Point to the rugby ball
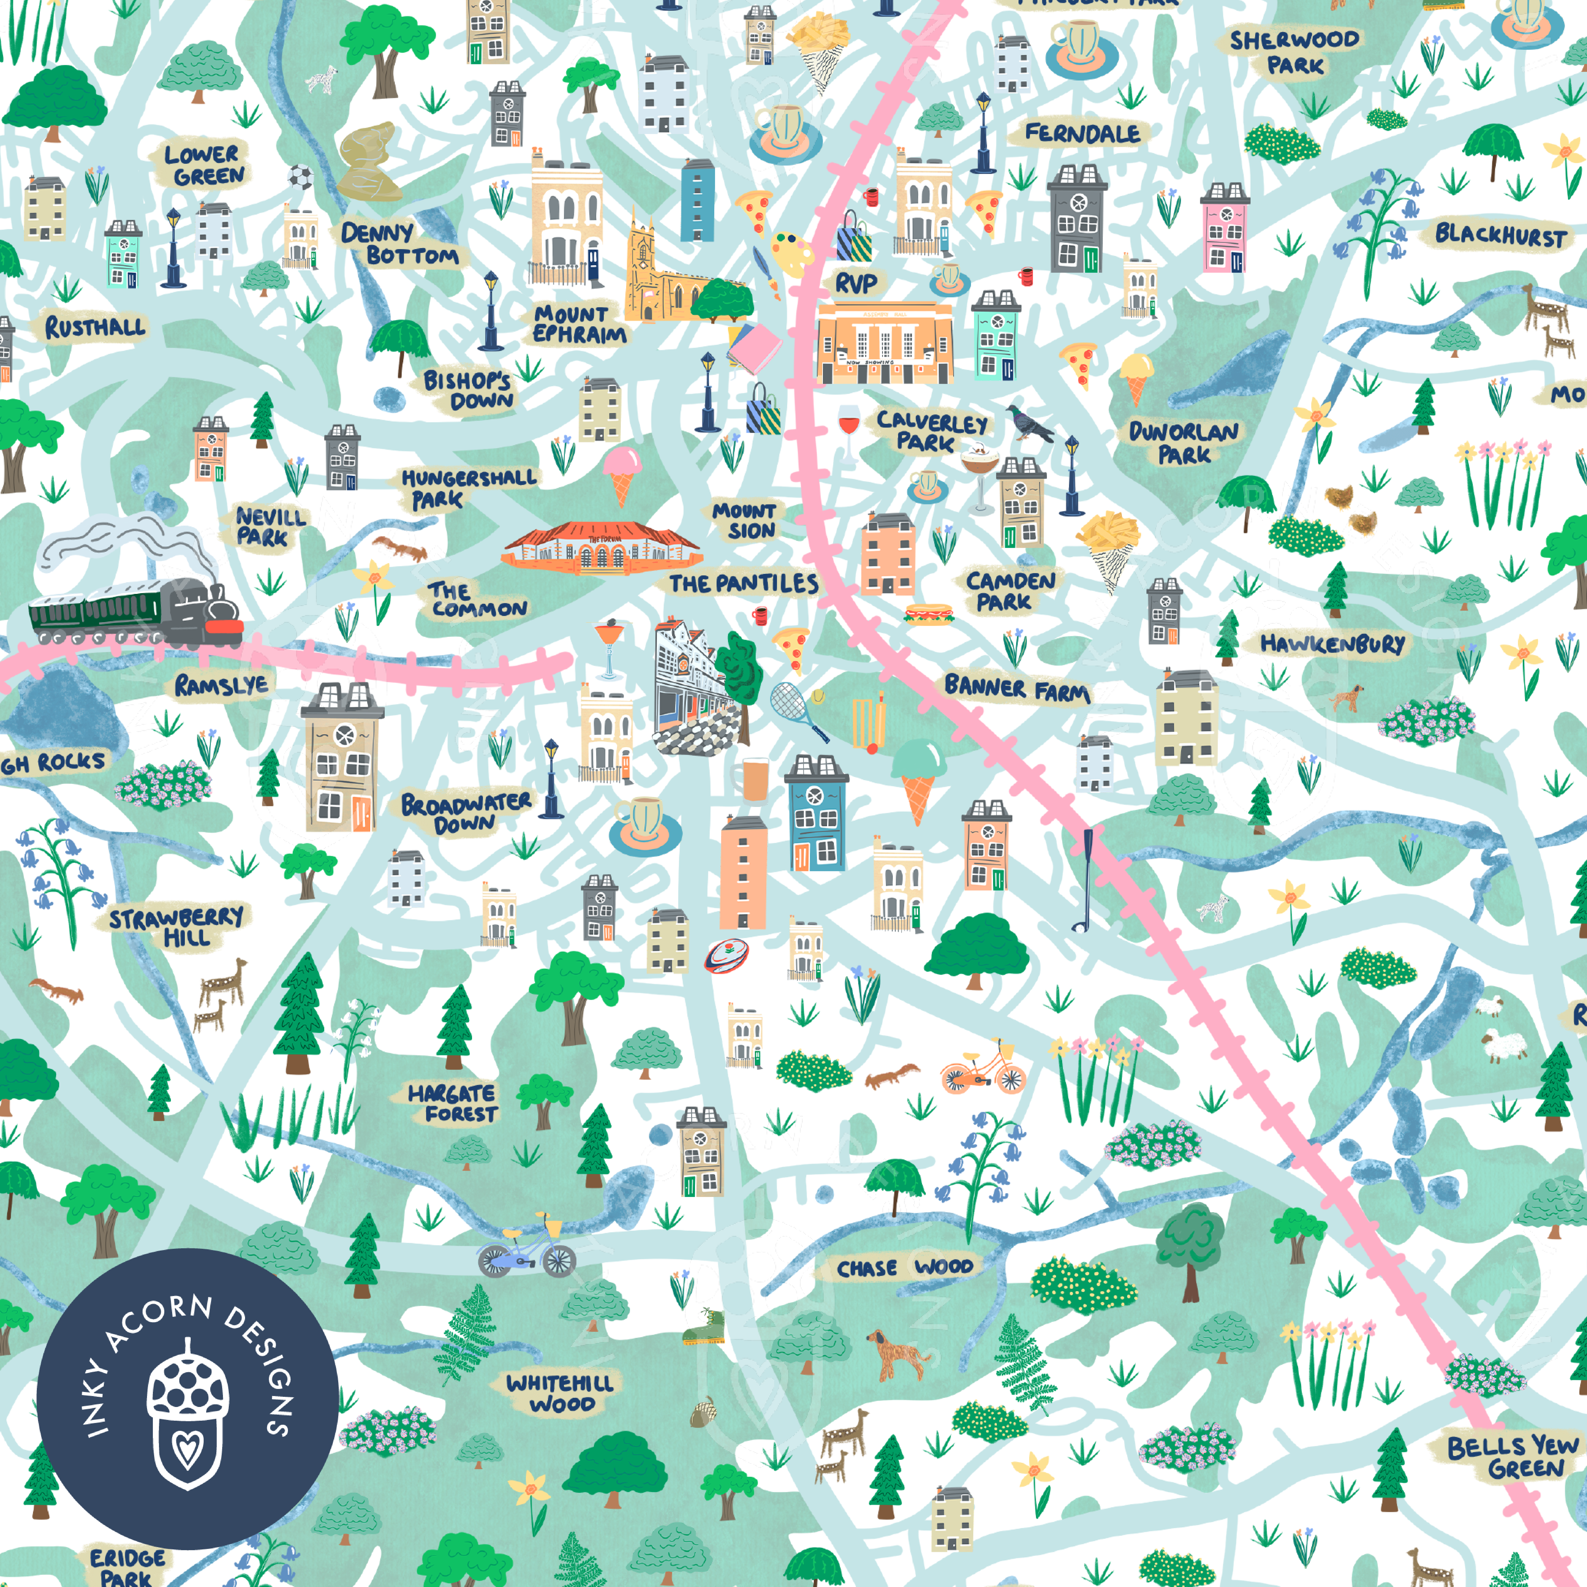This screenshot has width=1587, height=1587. pyautogui.click(x=726, y=955)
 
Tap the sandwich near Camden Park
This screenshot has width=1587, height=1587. pyautogui.click(x=928, y=613)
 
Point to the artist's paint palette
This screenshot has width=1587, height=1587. pyautogui.click(x=791, y=252)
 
